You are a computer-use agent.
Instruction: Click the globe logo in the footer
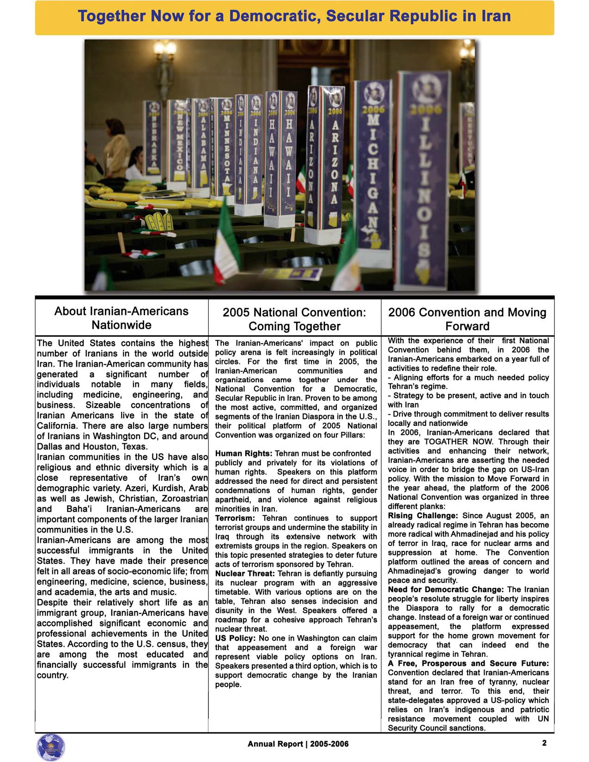50,747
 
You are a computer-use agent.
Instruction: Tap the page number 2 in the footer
544,743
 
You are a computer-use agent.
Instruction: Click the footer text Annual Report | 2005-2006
298,744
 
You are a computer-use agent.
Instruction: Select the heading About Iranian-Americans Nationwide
121,318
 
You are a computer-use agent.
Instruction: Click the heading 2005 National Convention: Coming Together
294,319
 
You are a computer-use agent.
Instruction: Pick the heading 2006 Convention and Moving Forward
467,319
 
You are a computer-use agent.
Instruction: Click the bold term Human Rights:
243,454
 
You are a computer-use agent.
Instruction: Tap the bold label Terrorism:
235,518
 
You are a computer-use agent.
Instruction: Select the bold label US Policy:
235,638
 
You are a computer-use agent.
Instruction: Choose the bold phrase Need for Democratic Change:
445,589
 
